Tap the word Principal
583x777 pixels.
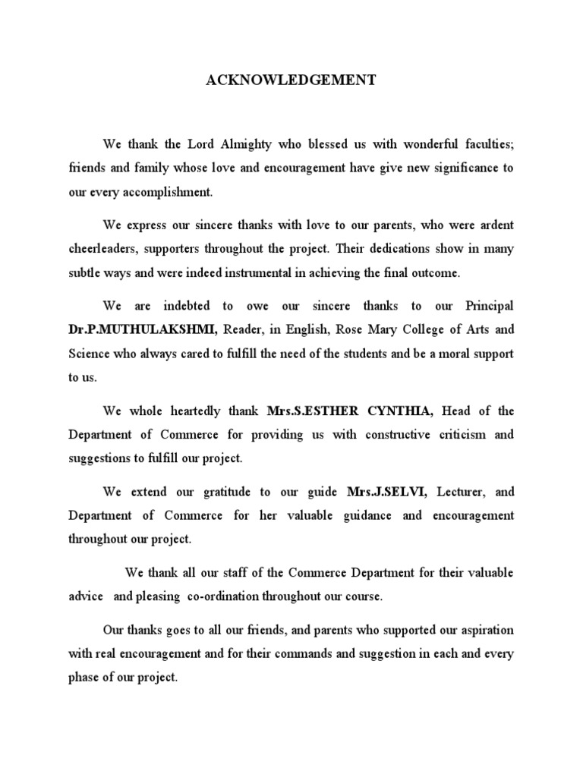(x=485, y=306)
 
